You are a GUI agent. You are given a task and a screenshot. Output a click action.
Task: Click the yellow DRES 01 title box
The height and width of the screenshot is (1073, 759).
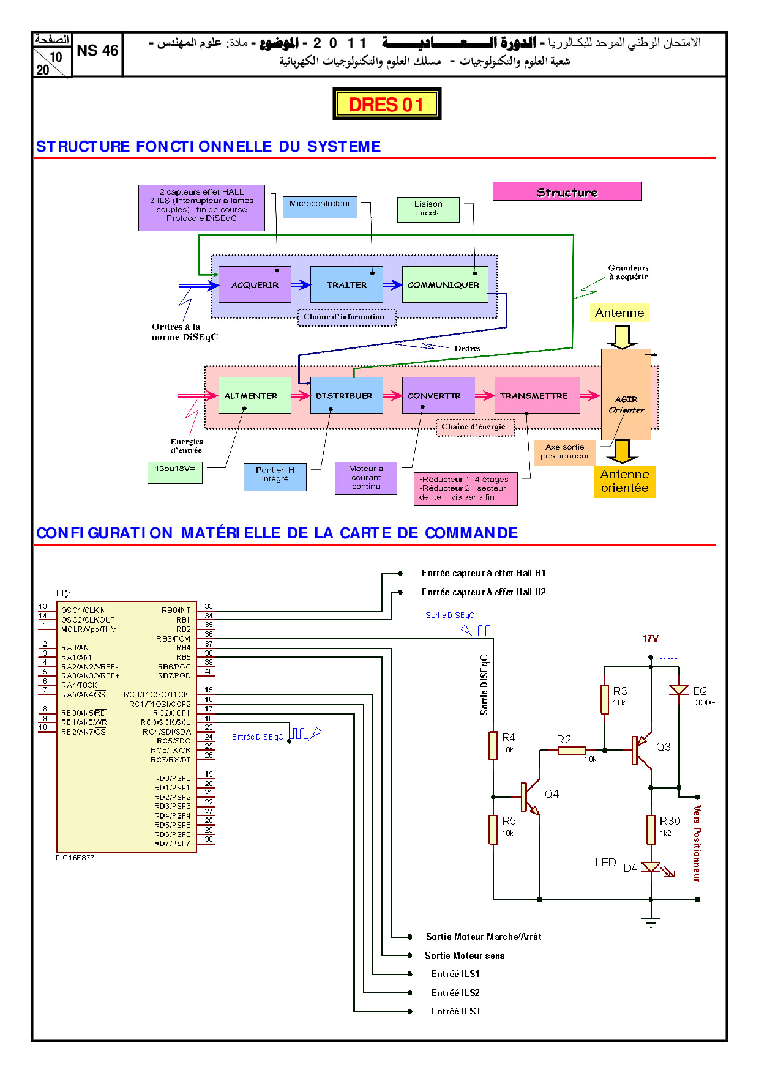[x=386, y=104]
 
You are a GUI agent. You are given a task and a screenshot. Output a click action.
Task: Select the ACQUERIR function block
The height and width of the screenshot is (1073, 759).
[x=255, y=284]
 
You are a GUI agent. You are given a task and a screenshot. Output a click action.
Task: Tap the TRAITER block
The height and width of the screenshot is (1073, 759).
[x=346, y=284]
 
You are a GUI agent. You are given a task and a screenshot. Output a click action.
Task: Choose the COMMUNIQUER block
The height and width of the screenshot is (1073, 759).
[x=444, y=284]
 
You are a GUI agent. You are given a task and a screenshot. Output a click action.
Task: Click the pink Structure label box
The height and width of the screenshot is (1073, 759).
[x=567, y=192]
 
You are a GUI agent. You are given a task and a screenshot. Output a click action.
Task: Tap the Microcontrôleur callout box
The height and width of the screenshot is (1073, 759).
[x=320, y=207]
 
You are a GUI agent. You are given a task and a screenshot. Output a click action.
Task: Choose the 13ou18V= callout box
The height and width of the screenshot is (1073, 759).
[x=174, y=472]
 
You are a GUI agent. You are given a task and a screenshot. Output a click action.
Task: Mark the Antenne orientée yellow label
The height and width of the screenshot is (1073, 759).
[x=624, y=481]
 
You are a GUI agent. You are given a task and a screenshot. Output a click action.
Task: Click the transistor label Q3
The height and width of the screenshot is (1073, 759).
[x=663, y=747]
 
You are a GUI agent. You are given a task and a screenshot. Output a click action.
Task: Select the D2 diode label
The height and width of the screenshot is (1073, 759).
[x=700, y=691]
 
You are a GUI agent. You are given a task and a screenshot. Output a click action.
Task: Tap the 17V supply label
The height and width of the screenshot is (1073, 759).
[x=650, y=639]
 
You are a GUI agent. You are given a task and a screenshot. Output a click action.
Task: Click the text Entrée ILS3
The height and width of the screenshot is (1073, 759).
[x=455, y=1011]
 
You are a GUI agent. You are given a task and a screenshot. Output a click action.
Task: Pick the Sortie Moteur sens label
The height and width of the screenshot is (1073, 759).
[x=465, y=956]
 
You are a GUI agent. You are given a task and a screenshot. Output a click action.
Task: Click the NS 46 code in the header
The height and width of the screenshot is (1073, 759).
[x=97, y=51]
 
